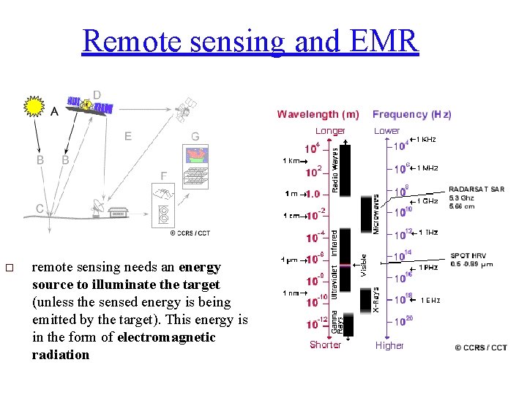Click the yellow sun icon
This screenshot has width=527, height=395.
coord(34,107)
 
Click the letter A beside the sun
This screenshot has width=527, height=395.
coord(55,112)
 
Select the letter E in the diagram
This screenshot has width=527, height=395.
coord(128,135)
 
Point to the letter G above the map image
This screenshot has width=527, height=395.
coord(195,137)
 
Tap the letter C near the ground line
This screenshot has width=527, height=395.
coord(40,208)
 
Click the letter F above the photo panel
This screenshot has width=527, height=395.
coord(164,176)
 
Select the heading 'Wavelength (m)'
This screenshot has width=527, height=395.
coord(318,114)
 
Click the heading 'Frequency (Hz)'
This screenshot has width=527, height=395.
coord(411,114)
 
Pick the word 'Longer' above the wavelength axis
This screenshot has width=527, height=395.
coord(330,131)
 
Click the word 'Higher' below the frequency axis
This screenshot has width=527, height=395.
coord(389,345)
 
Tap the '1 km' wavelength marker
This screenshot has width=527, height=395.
coord(291,161)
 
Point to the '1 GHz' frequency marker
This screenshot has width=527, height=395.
coord(427,200)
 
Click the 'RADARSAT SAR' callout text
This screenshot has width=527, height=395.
coord(476,189)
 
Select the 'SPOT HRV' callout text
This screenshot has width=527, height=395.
coord(467,256)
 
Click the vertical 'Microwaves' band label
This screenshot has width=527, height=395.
coord(376,214)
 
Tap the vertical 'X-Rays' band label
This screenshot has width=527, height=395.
coord(376,300)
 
